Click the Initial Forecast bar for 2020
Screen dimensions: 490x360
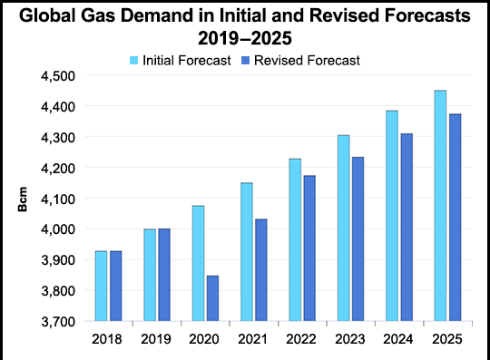[198, 263]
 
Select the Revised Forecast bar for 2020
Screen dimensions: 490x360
[212, 298]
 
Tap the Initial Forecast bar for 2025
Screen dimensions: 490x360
[440, 206]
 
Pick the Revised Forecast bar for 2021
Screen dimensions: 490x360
[261, 270]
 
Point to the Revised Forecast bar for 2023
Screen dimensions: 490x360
[358, 238]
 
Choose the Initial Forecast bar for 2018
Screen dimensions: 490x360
[102, 286]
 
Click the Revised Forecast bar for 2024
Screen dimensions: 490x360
[407, 228]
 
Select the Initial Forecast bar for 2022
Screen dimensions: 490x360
[295, 239]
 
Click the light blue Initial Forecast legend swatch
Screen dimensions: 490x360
[133, 60]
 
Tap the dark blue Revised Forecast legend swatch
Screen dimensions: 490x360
[246, 60]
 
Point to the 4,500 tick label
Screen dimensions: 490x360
[58, 76]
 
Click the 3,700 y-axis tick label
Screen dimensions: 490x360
[58, 322]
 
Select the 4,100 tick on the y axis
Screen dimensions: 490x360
[58, 199]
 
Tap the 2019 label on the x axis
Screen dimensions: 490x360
[156, 339]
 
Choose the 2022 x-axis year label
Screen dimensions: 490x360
[301, 339]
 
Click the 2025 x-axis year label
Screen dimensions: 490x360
[446, 339]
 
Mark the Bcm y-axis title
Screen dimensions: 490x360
[23, 199]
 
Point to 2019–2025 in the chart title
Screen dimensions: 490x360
[245, 38]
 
